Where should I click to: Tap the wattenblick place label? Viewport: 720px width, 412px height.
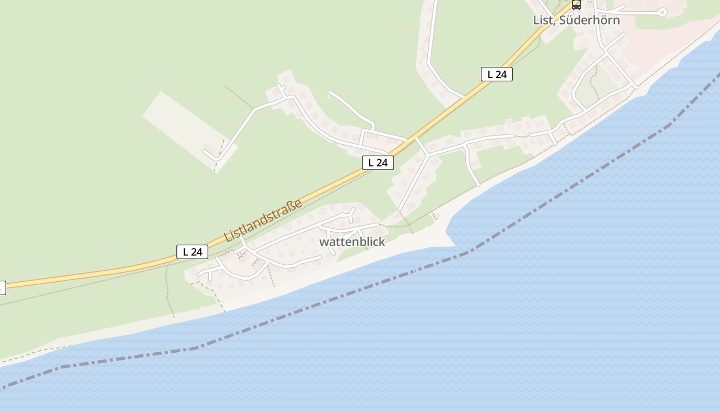[x=352, y=242]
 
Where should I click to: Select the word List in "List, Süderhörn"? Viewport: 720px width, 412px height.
[x=542, y=21]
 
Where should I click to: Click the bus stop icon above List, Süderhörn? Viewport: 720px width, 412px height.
[x=577, y=5]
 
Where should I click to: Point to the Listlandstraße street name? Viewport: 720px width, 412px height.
[x=263, y=220]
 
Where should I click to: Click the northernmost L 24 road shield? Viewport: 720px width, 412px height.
[x=496, y=74]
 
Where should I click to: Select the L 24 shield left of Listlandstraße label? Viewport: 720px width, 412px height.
[x=192, y=252]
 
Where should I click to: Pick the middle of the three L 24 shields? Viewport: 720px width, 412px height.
[x=378, y=163]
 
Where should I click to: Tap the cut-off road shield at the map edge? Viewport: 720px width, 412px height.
[x=2, y=287]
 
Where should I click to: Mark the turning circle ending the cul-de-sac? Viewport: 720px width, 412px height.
[x=662, y=12]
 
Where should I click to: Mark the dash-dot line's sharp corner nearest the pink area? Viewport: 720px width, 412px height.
[x=669, y=124]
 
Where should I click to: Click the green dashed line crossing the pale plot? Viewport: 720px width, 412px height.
[x=220, y=151]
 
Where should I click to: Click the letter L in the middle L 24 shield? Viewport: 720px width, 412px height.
[x=371, y=163]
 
